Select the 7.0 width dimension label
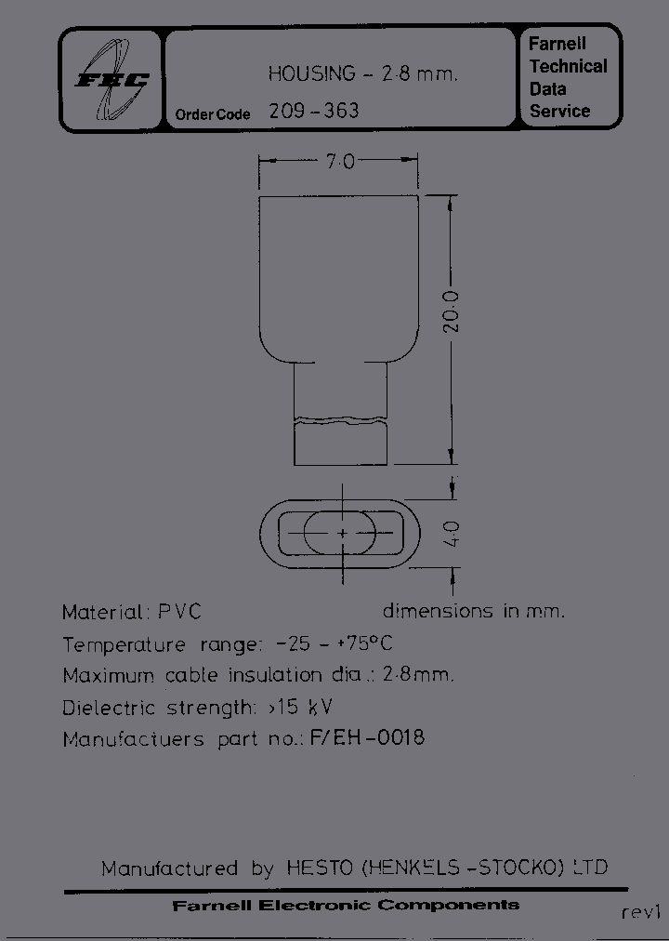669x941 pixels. (339, 162)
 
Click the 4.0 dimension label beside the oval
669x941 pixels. (453, 536)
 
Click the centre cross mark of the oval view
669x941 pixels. (342, 534)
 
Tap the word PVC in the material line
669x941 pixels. (178, 612)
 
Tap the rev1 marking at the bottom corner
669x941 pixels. (639, 912)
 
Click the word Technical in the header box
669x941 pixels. (568, 66)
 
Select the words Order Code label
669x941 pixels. (213, 114)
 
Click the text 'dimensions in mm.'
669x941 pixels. (473, 611)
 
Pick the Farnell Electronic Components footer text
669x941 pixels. (346, 905)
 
